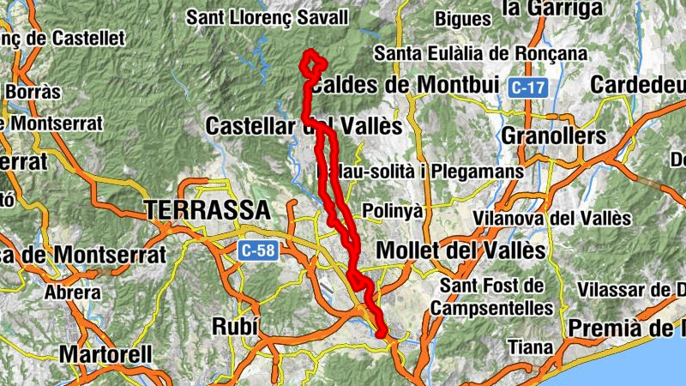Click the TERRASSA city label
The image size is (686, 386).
click(207, 209)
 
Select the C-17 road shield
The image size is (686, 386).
click(527, 87)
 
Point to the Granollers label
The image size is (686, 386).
click(553, 136)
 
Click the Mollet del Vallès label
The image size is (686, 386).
click(461, 250)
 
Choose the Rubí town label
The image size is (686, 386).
click(234, 326)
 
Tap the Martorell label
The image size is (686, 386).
click(105, 353)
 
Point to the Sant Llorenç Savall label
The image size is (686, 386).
click(268, 17)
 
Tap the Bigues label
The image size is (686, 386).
click(462, 18)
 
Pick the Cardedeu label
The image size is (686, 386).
click(638, 86)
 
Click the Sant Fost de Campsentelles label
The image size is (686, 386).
click(492, 296)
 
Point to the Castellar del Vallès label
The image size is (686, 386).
click(304, 126)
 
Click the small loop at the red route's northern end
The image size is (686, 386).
click(313, 63)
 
